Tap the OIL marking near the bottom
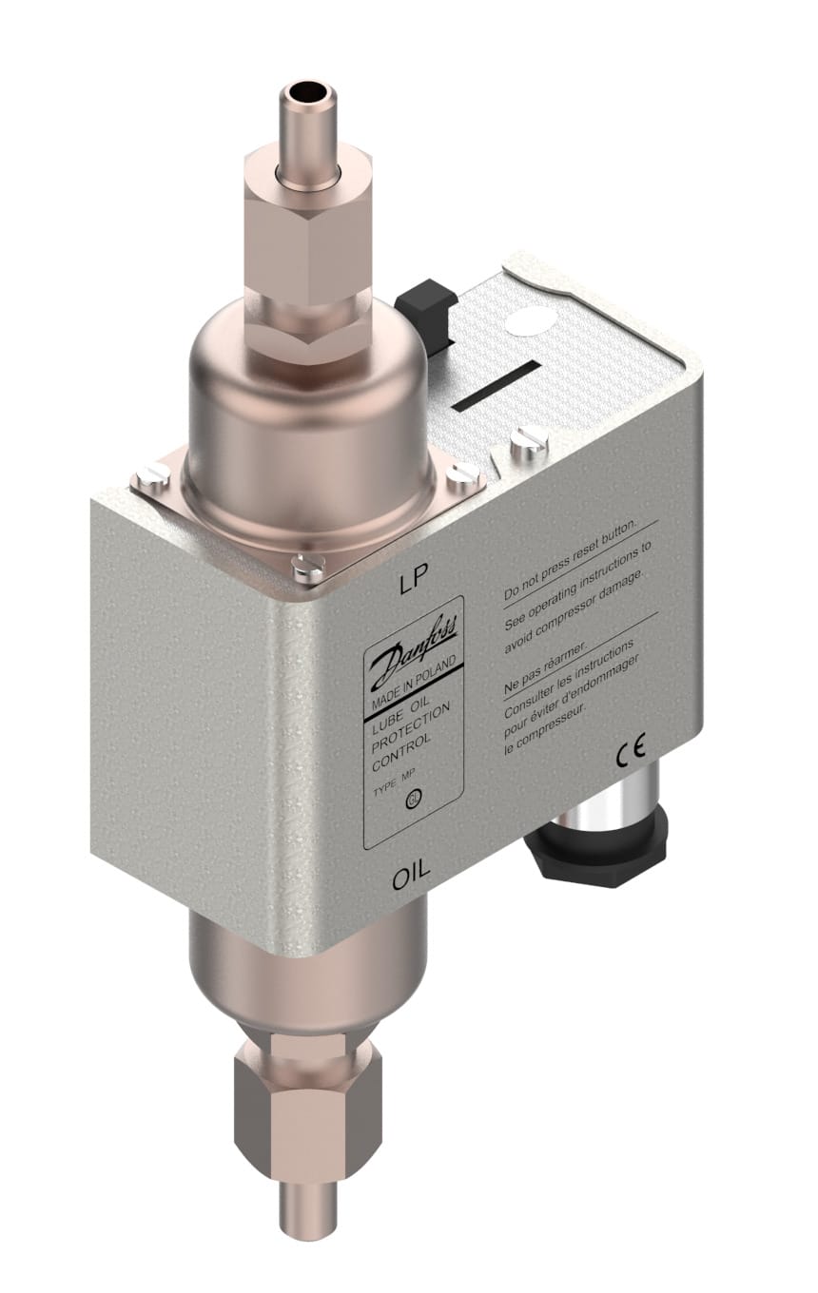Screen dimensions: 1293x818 click(x=411, y=873)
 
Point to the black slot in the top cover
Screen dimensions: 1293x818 click(x=497, y=386)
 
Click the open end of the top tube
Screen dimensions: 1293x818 click(x=306, y=94)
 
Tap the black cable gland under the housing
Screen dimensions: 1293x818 click(x=595, y=849)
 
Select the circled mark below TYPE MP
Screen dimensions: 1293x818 click(x=412, y=801)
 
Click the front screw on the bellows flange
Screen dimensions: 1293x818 click(x=307, y=569)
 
